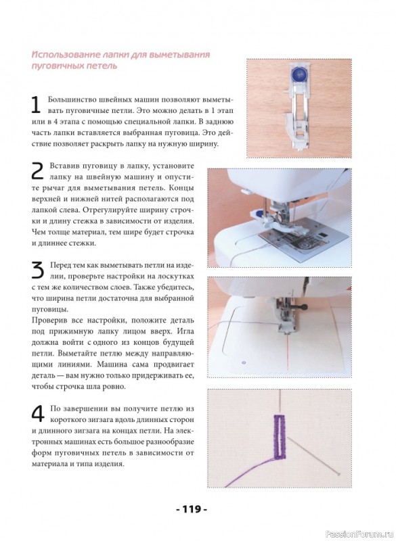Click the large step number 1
tap(36, 105)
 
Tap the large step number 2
tap(37, 171)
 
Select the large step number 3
tap(38, 270)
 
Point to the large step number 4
tap(38, 414)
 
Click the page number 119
tap(192, 509)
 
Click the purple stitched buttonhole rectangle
tap(280, 437)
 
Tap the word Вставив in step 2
tap(64, 166)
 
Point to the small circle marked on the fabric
tap(244, 362)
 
